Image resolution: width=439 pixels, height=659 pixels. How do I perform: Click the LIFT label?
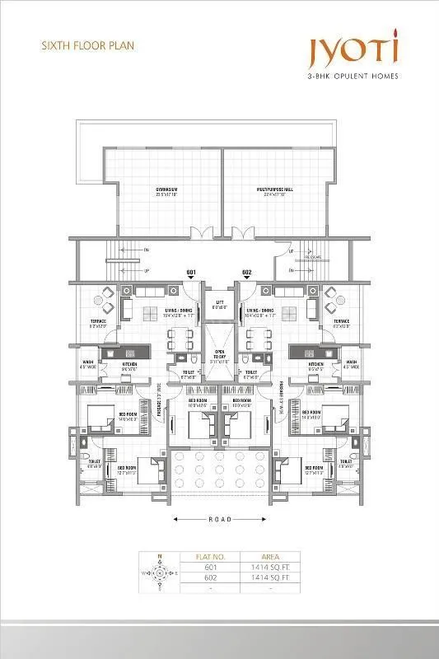tap(219, 302)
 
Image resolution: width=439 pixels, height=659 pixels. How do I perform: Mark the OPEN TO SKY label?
tap(219, 358)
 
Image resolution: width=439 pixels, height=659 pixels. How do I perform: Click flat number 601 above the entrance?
tap(190, 273)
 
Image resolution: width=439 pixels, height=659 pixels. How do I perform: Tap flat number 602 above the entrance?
tap(246, 273)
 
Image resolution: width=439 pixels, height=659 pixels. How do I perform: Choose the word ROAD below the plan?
tap(219, 520)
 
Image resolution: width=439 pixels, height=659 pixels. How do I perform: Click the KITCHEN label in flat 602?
tap(315, 364)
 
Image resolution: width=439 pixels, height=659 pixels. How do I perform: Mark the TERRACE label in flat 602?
tap(340, 322)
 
